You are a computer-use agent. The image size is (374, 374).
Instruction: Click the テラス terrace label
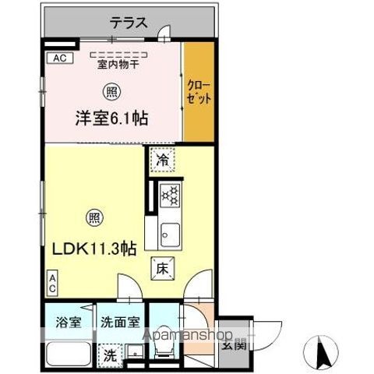128,23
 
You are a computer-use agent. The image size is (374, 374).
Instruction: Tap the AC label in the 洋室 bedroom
58,58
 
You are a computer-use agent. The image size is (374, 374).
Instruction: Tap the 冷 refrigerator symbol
162,161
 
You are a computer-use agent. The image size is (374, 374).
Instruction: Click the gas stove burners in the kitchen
170,196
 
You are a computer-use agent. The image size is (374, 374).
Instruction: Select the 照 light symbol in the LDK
93,218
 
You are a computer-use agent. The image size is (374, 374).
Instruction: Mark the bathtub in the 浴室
67,354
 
